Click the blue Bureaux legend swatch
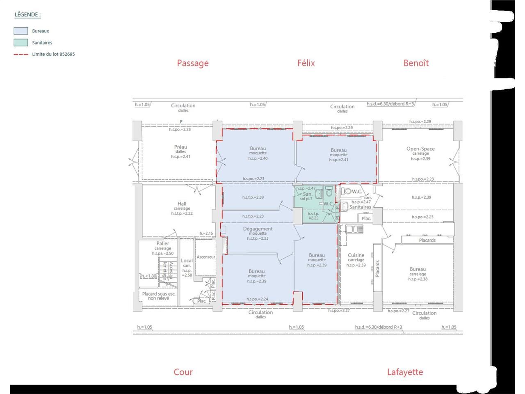(21, 31)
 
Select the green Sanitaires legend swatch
(21, 42)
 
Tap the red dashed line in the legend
(21, 54)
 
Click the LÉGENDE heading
(27, 15)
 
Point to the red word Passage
(193, 63)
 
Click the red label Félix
(306, 63)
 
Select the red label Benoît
(416, 63)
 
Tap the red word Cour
(183, 372)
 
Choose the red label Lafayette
(405, 372)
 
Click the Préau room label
(180, 147)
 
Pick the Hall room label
(182, 204)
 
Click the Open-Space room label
(420, 149)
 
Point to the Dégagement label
(258, 229)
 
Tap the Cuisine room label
(356, 255)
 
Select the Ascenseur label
(206, 257)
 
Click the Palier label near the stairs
(162, 243)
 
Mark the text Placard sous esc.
(159, 294)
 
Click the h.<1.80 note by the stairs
(148, 276)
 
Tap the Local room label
(187, 261)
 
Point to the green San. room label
(308, 194)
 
